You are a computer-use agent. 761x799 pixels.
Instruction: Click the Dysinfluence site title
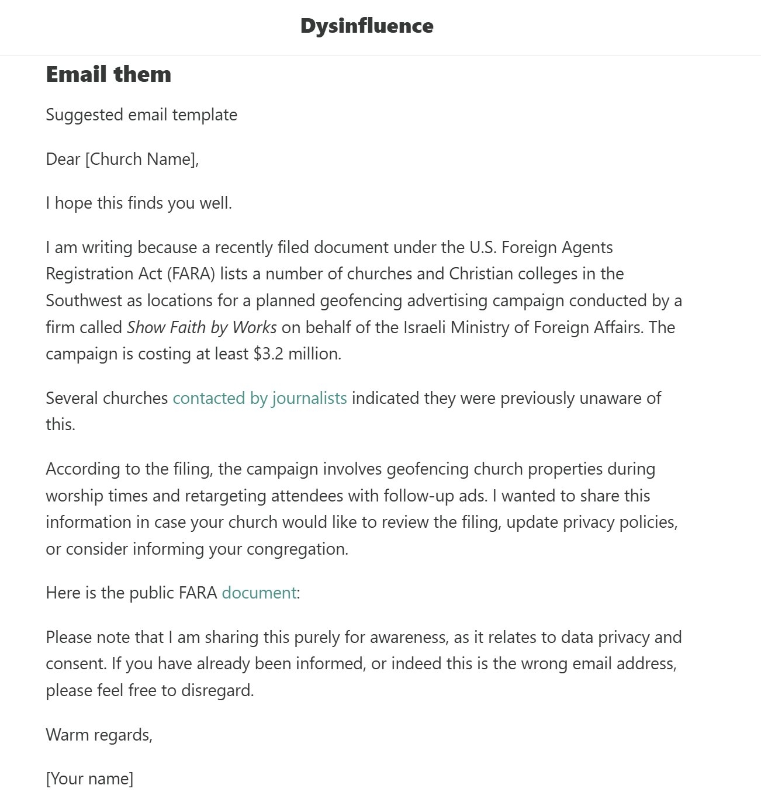366,26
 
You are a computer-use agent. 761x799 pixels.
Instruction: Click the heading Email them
109,74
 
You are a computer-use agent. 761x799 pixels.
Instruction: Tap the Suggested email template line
141,115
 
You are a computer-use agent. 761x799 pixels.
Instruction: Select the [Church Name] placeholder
141,159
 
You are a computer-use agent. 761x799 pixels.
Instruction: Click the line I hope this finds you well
139,203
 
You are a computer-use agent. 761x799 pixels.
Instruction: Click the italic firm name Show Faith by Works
202,327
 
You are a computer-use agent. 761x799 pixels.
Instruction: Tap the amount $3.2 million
296,354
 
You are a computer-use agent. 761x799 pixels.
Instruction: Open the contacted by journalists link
260,398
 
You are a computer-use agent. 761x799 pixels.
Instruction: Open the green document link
259,593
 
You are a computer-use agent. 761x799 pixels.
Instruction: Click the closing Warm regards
99,735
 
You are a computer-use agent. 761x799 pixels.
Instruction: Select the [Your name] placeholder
89,779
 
